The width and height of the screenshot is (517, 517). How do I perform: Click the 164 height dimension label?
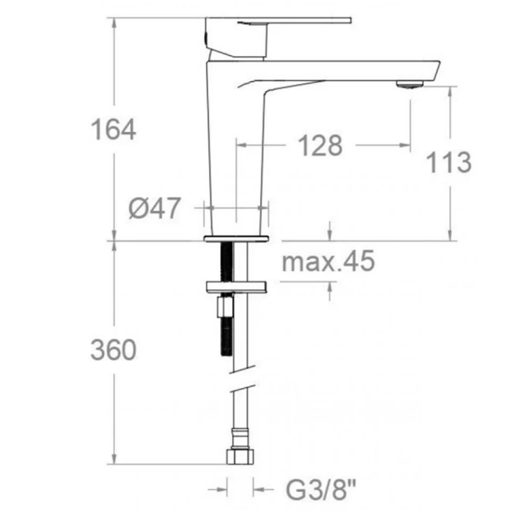coord(113,129)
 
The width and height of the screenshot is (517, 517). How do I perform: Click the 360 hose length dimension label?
coord(113,350)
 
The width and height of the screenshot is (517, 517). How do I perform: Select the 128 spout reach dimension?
coord(320,145)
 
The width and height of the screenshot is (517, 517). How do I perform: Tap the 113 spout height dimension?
coord(449,162)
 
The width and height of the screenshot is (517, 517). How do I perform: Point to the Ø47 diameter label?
coord(154,207)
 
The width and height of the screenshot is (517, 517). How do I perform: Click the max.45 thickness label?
coord(328,261)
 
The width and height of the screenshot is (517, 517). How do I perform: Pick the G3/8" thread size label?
coord(321,490)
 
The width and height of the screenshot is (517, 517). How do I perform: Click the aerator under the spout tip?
coord(410,85)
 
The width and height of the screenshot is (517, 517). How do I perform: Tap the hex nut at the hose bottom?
coord(240,456)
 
